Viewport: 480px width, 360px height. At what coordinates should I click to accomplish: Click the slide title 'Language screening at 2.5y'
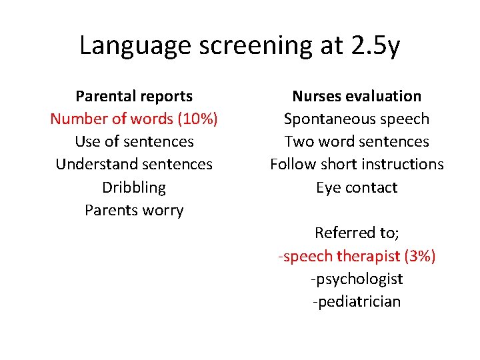click(x=239, y=45)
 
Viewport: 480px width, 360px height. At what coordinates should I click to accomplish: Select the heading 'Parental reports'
click(x=134, y=97)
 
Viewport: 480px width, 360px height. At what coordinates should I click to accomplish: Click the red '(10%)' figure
click(x=197, y=119)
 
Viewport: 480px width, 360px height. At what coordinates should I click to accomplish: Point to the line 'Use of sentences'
click(x=134, y=142)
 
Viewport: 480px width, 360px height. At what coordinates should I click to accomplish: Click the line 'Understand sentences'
click(x=134, y=165)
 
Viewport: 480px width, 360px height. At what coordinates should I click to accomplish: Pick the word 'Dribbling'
click(x=134, y=187)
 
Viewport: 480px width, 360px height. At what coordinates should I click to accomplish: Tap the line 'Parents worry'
click(x=134, y=211)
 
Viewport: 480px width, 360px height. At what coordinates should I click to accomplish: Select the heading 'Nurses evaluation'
click(x=357, y=97)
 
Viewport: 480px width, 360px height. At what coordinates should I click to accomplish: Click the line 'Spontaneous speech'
click(x=357, y=119)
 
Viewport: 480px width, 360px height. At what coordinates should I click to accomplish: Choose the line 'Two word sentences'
click(x=357, y=142)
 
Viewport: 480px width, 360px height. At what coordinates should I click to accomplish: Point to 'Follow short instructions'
click(x=357, y=165)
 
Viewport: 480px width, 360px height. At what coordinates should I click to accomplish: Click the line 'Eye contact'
click(x=357, y=187)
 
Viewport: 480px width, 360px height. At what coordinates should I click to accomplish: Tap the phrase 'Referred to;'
click(x=357, y=233)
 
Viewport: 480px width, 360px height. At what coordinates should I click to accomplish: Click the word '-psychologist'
click(x=357, y=279)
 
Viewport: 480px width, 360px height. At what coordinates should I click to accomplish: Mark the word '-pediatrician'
click(x=357, y=301)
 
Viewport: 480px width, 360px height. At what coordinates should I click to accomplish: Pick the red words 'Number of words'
click(x=111, y=119)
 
